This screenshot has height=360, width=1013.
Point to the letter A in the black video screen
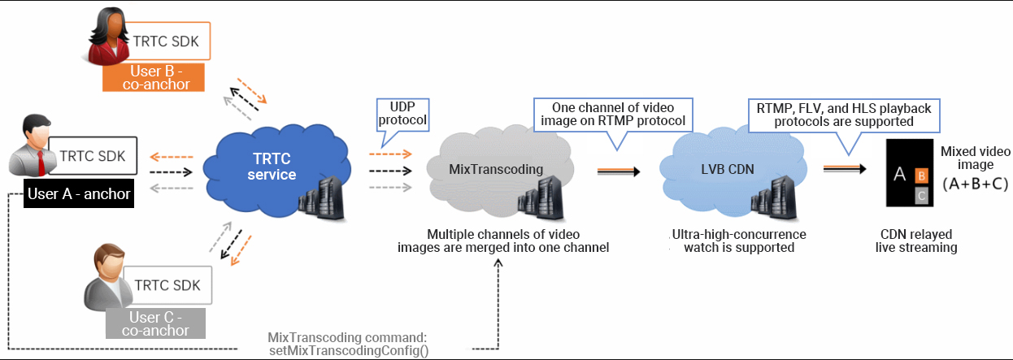click(x=899, y=175)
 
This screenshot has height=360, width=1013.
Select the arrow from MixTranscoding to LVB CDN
click(x=619, y=171)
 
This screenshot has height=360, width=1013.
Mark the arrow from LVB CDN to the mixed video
click(x=846, y=169)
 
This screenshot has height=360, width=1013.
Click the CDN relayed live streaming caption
click(x=916, y=241)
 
